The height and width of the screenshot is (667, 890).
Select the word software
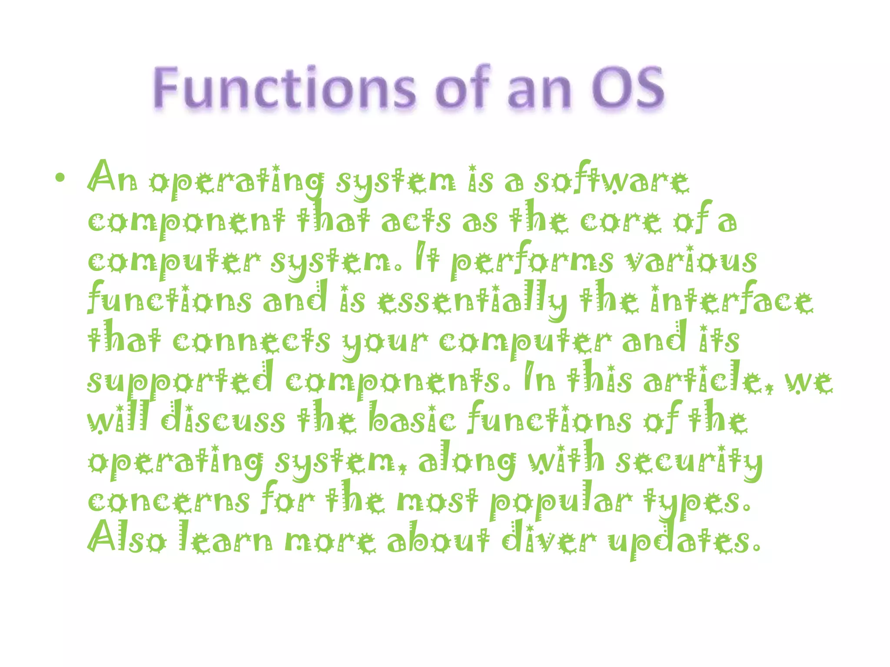pyautogui.click(x=611, y=180)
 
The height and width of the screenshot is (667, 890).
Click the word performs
pyautogui.click(x=532, y=261)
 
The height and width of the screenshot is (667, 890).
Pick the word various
pyautogui.click(x=691, y=261)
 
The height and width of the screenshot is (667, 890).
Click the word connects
pyautogui.click(x=251, y=340)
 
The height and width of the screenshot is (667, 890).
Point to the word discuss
pyautogui.click(x=223, y=419)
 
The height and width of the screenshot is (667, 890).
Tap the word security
pyautogui.click(x=689, y=460)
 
